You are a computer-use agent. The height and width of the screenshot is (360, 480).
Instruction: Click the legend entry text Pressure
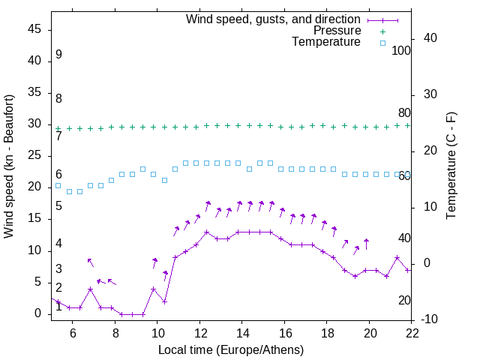(x=337, y=31)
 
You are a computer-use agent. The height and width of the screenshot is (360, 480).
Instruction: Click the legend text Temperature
(x=326, y=42)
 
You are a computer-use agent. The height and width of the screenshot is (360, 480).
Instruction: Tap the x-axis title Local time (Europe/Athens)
(x=231, y=349)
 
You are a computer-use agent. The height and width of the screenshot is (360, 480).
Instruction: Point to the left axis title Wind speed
(x=9, y=165)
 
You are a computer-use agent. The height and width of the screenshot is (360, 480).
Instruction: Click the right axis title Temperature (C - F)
(x=451, y=165)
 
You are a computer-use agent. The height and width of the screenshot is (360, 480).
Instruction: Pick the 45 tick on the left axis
(x=34, y=29)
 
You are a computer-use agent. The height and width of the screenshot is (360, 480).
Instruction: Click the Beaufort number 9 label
(x=58, y=55)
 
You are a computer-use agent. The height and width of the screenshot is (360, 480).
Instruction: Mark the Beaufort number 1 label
(x=58, y=307)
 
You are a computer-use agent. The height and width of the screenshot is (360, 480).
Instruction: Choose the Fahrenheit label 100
(x=402, y=51)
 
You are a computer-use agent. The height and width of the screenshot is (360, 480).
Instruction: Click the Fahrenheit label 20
(x=404, y=301)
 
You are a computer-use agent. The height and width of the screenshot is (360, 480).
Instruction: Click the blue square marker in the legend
(x=382, y=43)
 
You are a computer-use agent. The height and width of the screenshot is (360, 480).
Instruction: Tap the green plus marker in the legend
(x=382, y=31)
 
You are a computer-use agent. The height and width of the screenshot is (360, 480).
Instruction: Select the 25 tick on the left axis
(x=34, y=156)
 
